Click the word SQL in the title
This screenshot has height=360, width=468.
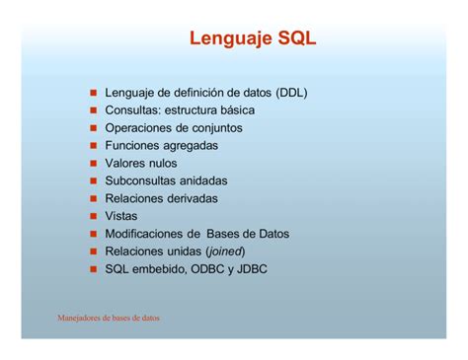[x=295, y=39]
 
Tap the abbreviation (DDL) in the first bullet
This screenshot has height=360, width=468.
[x=291, y=93]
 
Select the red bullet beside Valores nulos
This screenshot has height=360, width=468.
[x=93, y=164]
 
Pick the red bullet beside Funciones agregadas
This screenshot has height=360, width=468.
[x=93, y=146]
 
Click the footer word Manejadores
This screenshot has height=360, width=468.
[x=82, y=319]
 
